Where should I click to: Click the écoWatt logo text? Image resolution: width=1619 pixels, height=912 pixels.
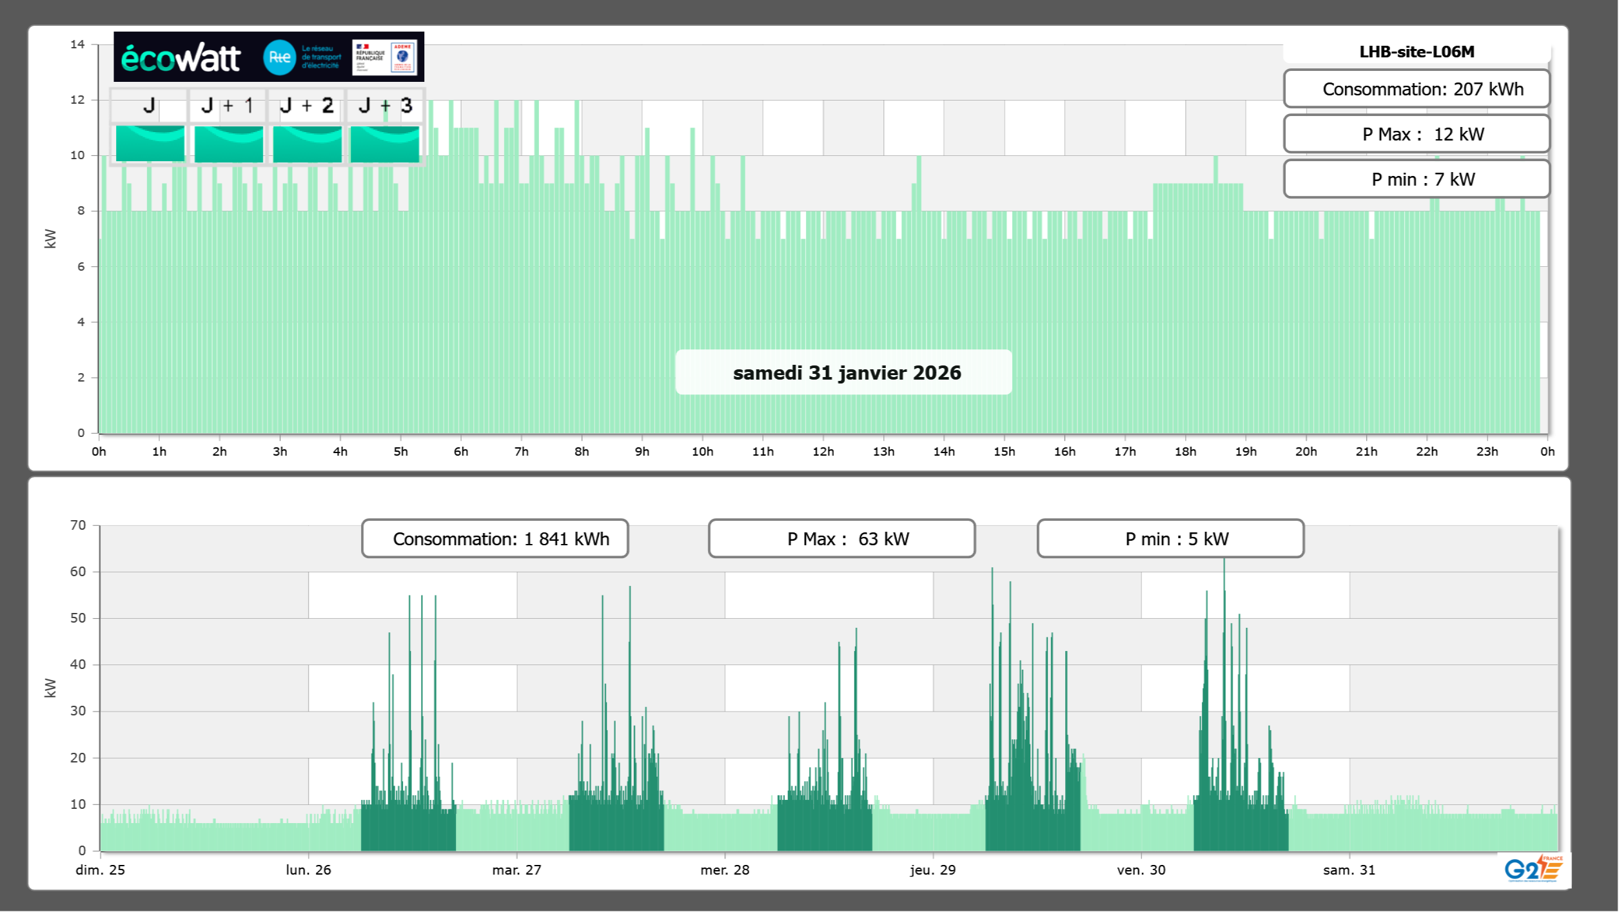pos(181,58)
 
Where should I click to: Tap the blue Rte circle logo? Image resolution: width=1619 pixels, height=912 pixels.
pos(279,57)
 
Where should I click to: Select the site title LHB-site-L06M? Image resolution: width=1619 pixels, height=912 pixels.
pos(1417,52)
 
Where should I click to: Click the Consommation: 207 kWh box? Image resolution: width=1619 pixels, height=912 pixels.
pos(1417,89)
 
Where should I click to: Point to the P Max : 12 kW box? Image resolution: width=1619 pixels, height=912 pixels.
pos(1417,134)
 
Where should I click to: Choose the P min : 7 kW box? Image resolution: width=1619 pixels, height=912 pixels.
pos(1417,179)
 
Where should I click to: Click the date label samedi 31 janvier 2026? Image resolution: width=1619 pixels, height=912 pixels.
pos(846,373)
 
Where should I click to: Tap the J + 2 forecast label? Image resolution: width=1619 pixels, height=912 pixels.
pos(306,106)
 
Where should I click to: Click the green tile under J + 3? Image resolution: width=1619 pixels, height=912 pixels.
pos(385,144)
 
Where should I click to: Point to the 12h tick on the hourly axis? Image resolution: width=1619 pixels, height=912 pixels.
pos(823,452)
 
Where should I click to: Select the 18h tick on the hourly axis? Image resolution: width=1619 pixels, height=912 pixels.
pos(1185,452)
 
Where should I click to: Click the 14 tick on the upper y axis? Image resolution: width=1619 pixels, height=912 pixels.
pos(77,44)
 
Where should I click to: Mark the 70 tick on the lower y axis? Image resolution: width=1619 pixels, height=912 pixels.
pos(78,525)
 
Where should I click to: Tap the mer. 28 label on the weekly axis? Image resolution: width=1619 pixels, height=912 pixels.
pos(725,870)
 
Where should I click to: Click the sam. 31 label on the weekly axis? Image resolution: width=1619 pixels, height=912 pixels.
pos(1349,870)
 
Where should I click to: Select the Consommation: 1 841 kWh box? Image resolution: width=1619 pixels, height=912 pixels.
pos(495,539)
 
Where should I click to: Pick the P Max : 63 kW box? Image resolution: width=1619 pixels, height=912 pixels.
pos(841,539)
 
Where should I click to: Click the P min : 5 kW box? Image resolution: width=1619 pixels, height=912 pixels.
pos(1170,539)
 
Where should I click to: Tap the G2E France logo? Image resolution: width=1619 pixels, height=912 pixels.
pos(1533,869)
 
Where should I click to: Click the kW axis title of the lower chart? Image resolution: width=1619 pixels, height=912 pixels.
pos(50,688)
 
